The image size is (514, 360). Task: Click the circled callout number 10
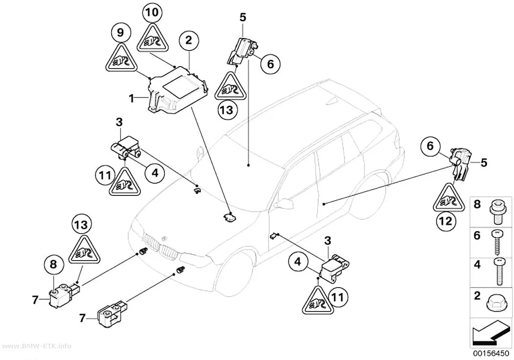point(152,13)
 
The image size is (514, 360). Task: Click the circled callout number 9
point(120,32)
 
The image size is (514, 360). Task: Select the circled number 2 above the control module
point(188,41)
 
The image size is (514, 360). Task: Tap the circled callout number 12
point(446,221)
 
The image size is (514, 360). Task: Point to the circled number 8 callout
point(53,264)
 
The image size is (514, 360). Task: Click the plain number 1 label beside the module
point(132,97)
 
